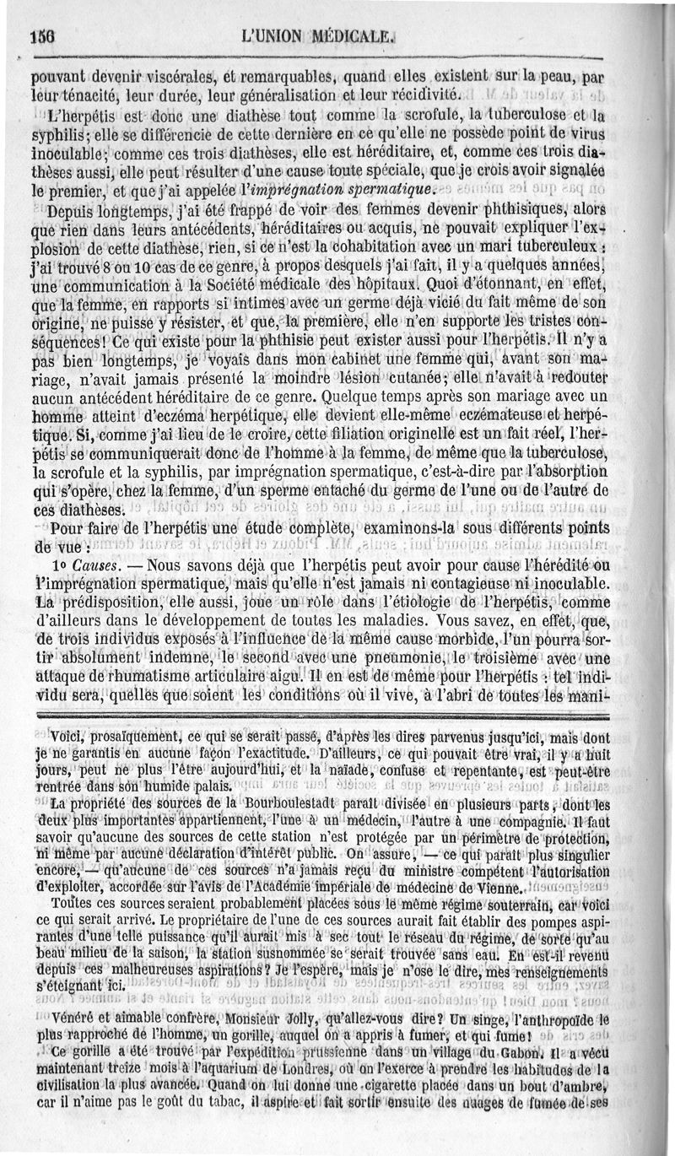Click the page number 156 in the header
pyautogui.click(x=40, y=36)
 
